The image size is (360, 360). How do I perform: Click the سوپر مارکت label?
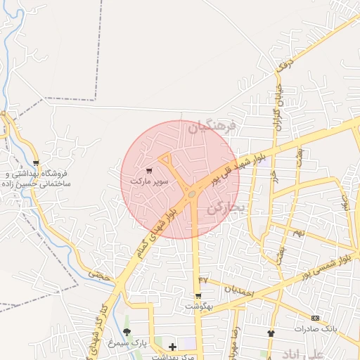pyautogui.click(x=149, y=181)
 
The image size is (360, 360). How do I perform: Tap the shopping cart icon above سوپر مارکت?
pyautogui.click(x=148, y=171)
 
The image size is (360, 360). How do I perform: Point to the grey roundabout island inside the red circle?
pyautogui.click(x=191, y=193)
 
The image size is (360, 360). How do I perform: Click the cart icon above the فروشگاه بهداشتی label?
pyautogui.click(x=36, y=163)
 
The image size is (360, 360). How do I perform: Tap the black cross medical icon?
pyautogui.click(x=173, y=347)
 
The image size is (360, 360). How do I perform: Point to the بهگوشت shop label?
pyautogui.click(x=198, y=307)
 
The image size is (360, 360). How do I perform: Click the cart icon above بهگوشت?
pyautogui.click(x=198, y=296)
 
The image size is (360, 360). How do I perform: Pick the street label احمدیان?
pyautogui.click(x=237, y=288)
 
